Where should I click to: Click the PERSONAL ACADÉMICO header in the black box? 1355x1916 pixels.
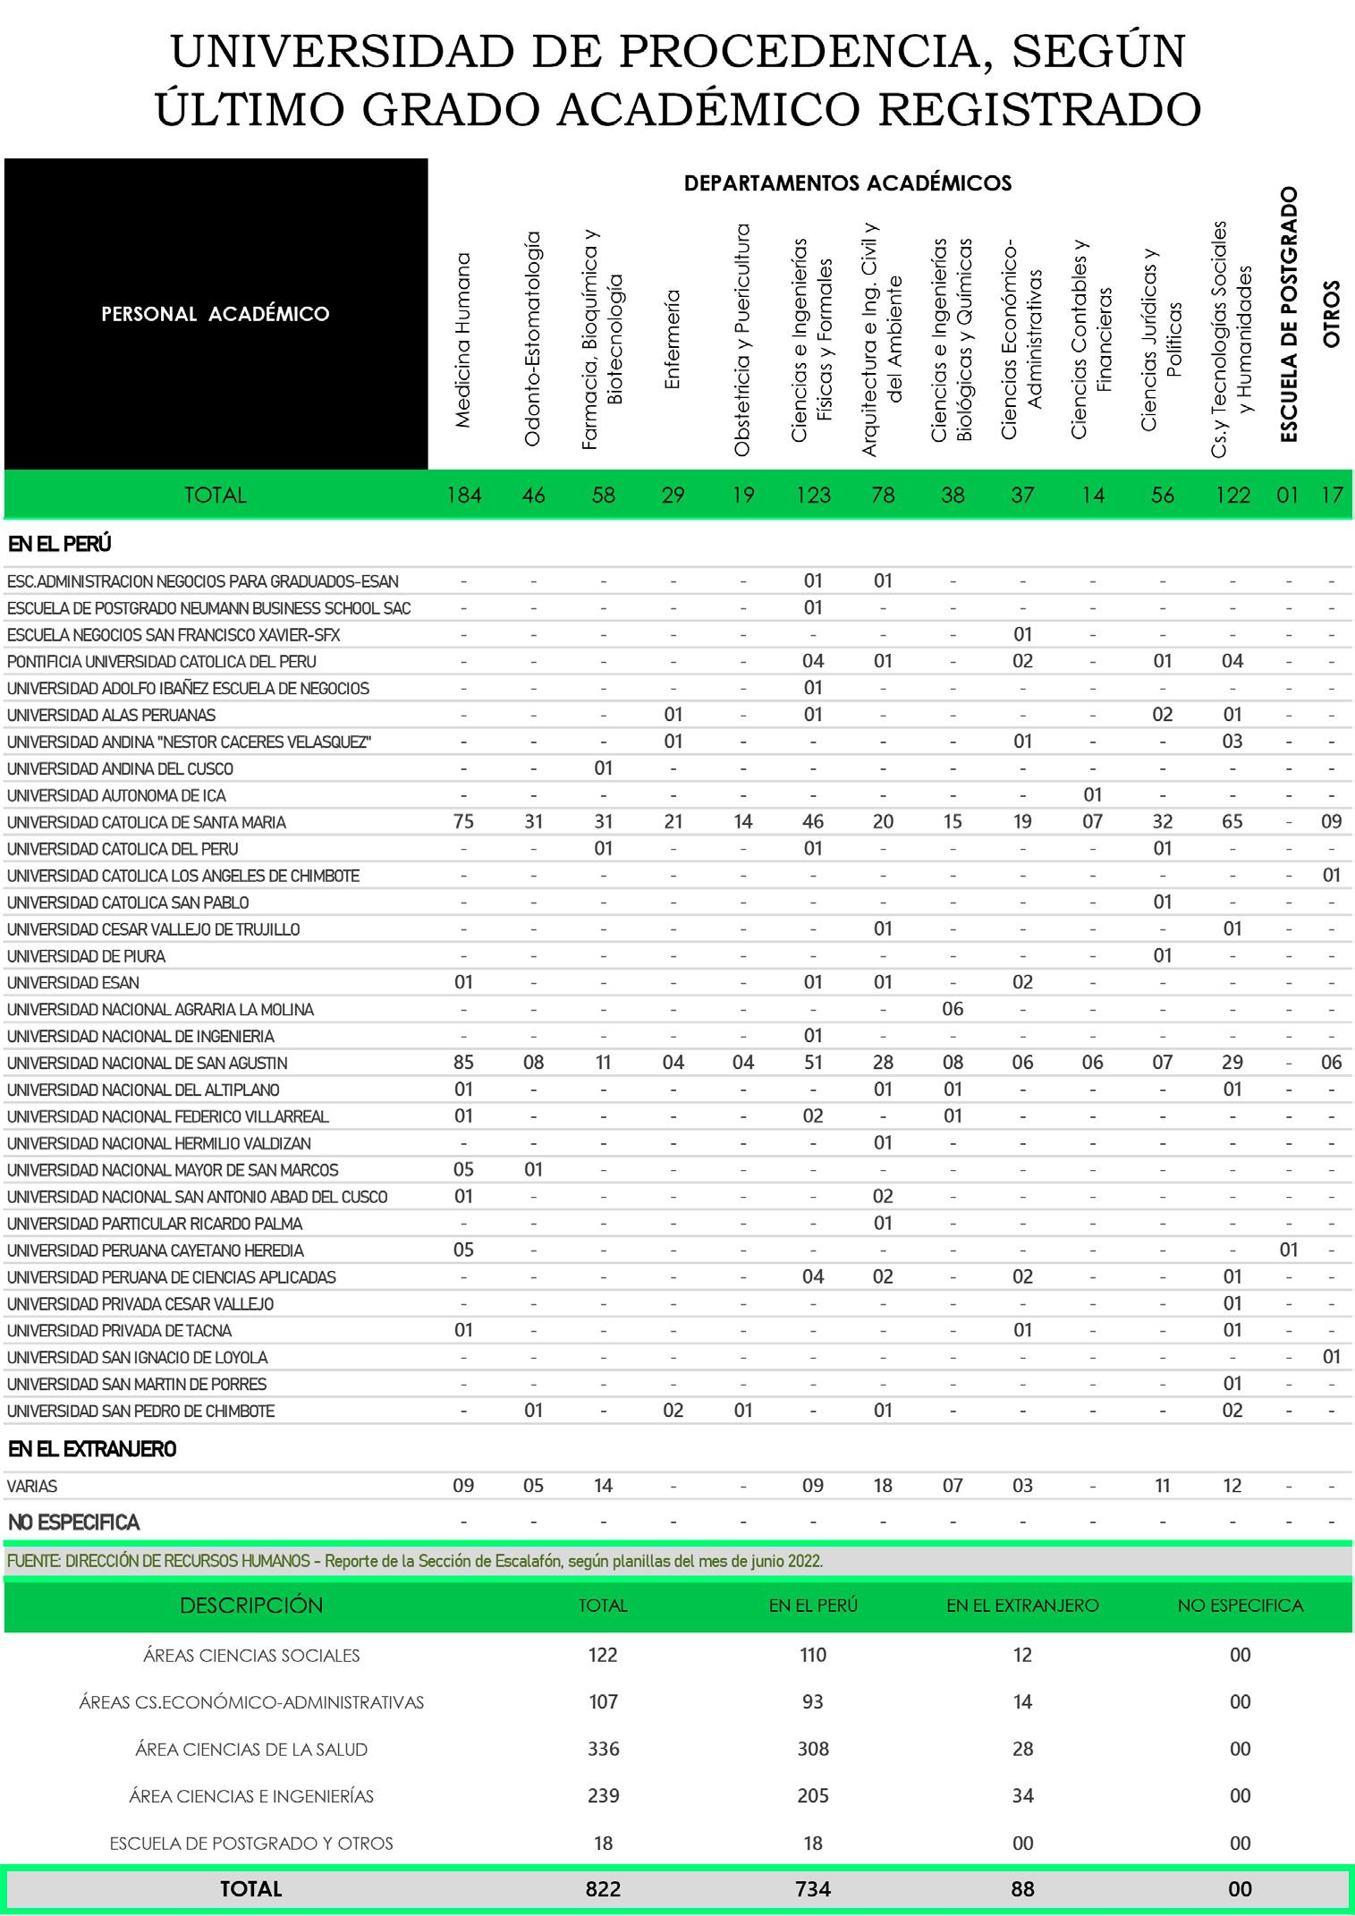(x=215, y=314)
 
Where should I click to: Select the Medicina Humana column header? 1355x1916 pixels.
(x=462, y=340)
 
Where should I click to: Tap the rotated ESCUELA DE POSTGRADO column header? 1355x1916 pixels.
(x=1288, y=314)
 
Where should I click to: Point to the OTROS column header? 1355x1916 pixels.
(x=1332, y=314)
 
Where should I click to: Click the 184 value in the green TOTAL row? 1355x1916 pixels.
(x=463, y=495)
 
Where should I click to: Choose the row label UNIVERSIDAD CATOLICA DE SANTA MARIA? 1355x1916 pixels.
(x=147, y=822)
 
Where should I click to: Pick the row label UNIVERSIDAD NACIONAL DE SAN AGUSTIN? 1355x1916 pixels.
(x=148, y=1064)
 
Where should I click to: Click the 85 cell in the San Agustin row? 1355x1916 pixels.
(x=463, y=1063)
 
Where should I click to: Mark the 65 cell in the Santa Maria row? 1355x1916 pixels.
(x=1232, y=821)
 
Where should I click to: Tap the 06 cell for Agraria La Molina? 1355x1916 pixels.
(x=953, y=1009)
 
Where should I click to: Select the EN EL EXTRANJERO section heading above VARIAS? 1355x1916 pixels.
(x=92, y=1449)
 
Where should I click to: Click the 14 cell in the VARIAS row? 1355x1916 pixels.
(x=604, y=1486)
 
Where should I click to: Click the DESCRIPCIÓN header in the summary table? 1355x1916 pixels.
(x=251, y=1606)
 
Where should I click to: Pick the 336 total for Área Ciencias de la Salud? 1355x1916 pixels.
(x=604, y=1749)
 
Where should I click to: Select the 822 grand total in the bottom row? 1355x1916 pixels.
(x=604, y=1888)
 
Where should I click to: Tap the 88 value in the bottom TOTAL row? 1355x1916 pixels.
(x=1022, y=1888)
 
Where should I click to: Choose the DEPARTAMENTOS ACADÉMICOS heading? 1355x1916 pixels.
(x=848, y=183)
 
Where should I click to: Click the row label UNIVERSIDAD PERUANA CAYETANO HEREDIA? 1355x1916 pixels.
(x=156, y=1250)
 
